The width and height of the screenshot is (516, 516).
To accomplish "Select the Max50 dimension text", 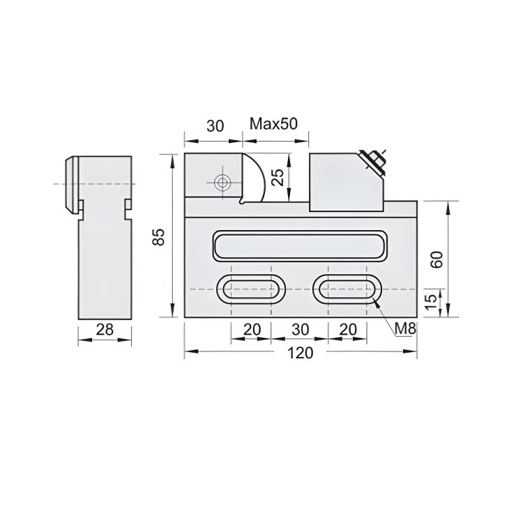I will (274, 125).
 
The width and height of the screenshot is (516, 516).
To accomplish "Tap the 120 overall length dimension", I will (300, 353).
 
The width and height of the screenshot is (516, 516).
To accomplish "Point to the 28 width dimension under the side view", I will (105, 330).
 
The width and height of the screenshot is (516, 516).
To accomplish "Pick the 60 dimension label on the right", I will (437, 259).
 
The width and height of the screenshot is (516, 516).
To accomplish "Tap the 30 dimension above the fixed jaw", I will (215, 126).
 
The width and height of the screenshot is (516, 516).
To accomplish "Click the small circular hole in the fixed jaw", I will (222, 183).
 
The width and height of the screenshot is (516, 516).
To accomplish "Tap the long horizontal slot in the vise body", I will (299, 245).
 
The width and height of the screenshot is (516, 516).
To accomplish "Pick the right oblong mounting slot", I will (346, 289).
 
